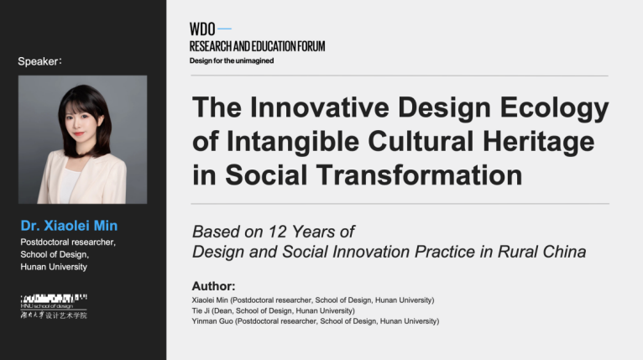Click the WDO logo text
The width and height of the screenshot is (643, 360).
coord(202,29)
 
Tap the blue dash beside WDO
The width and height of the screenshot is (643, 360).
coord(224,29)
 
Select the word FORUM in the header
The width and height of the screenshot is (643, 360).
coord(311,46)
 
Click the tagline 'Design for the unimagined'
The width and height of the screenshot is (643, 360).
coord(232,60)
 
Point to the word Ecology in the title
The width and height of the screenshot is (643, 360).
coord(554,108)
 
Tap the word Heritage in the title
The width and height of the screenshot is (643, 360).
coord(538,142)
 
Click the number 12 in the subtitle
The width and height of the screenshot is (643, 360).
coord(278,232)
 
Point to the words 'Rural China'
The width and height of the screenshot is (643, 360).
coord(541,252)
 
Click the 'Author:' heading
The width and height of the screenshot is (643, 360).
coord(214,286)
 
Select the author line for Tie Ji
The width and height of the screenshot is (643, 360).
coord(273,310)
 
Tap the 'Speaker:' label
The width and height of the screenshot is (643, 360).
coord(39,61)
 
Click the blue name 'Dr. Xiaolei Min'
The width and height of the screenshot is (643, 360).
coord(69,226)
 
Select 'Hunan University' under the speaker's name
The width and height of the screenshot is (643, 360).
coord(54,267)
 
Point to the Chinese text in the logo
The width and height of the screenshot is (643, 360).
coord(54,316)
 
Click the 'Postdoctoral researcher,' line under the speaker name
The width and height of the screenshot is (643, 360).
coord(68,243)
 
